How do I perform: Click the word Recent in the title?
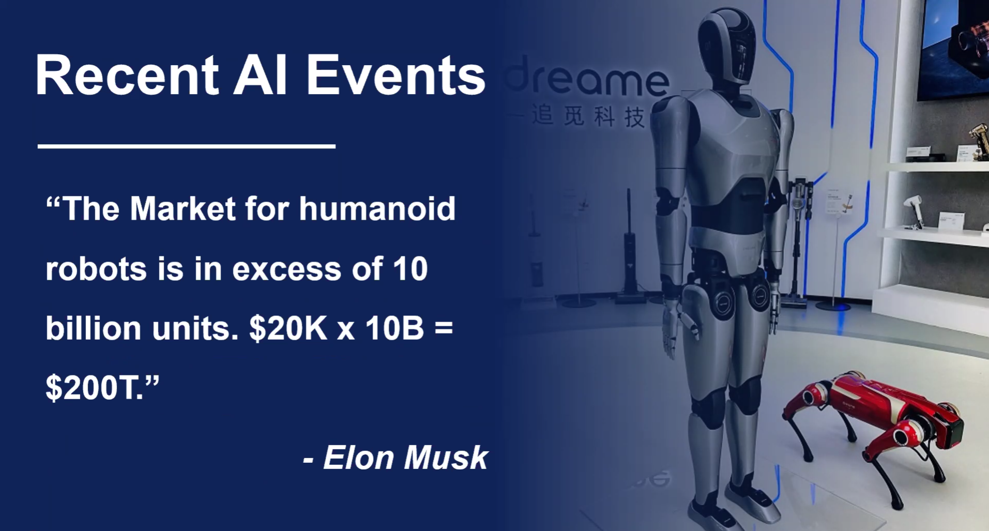(x=127, y=75)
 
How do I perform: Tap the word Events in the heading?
(x=396, y=75)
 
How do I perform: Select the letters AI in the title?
(x=260, y=75)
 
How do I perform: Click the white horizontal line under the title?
(x=187, y=146)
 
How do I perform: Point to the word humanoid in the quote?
(x=377, y=208)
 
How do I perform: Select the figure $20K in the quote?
(x=288, y=328)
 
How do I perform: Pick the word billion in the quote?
(x=93, y=328)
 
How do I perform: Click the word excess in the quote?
(x=286, y=270)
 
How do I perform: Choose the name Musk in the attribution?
(x=446, y=458)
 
